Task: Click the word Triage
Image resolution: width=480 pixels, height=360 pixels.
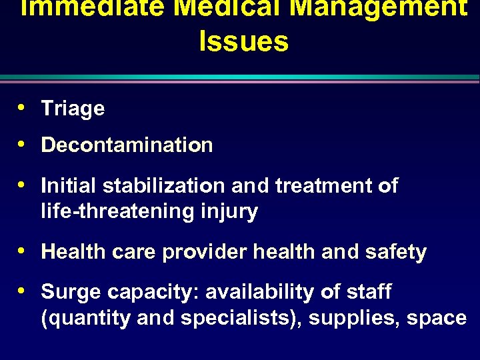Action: point(73,109)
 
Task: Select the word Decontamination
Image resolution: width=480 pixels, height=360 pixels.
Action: point(127,145)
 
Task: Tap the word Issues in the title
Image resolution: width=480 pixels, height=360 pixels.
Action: point(243,41)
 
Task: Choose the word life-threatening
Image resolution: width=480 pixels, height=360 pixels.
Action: point(116,212)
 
